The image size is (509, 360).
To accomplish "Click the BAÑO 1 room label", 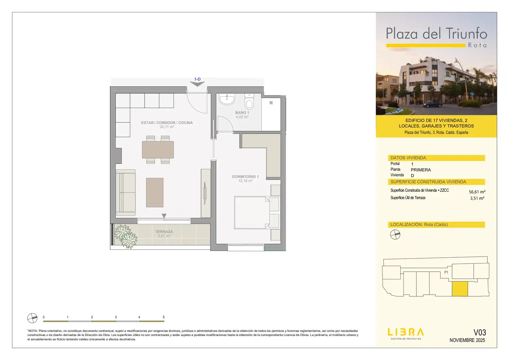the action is click(242, 113).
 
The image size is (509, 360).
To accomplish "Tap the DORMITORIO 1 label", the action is click(245, 176).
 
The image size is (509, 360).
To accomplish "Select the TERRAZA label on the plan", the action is click(164, 232).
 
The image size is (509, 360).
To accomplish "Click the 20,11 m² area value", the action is click(167, 127).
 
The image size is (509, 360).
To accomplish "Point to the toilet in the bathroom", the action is click(249, 101).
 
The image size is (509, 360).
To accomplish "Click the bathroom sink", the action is click(227, 99).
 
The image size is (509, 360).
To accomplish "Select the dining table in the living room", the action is click(158, 150).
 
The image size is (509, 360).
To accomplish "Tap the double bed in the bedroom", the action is click(252, 212).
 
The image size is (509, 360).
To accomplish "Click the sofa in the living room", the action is click(126, 192).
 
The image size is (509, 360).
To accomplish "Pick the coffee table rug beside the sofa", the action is click(155, 192).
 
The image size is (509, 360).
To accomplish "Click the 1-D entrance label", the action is click(197, 79).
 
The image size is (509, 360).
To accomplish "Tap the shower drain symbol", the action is click(271, 103).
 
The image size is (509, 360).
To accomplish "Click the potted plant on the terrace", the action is click(126, 236).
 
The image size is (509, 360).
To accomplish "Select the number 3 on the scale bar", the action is click(116, 317).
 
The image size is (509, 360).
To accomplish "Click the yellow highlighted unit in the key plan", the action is click(460, 289).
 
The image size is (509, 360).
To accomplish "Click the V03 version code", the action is click(480, 332).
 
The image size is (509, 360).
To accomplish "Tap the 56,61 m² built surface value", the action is click(477, 192).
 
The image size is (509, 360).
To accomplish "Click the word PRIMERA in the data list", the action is click(421, 170).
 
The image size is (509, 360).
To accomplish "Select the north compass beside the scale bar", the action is click(32, 318).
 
